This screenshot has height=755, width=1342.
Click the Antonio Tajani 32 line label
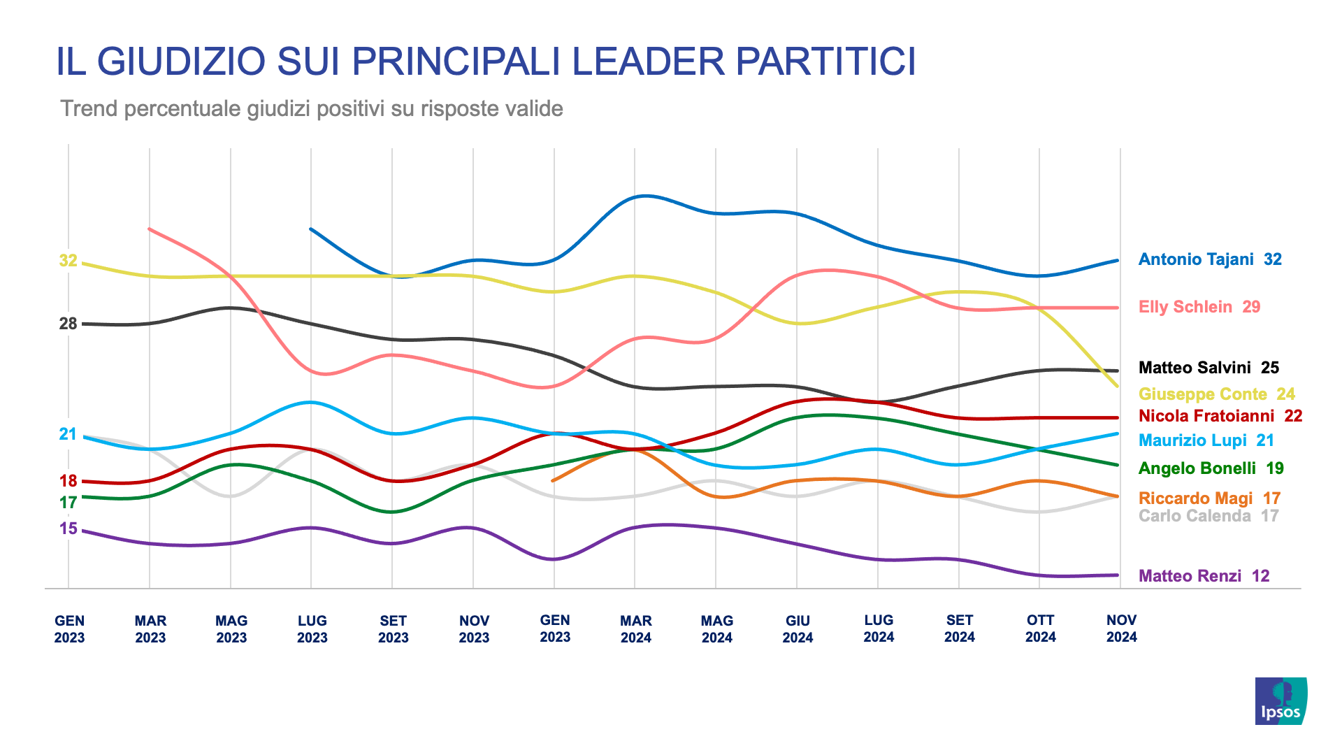(1209, 259)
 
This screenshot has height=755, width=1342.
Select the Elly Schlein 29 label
(1199, 307)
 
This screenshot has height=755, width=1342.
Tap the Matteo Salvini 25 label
(1208, 368)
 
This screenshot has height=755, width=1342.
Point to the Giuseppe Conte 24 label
(1216, 394)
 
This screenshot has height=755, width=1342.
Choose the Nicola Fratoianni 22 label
(1220, 416)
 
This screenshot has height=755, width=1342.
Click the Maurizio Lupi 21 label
(1206, 440)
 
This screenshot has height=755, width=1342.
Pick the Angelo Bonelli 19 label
(1211, 468)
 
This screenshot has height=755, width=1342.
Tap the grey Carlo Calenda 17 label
(1208, 516)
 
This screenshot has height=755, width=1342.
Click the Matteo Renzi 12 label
(1203, 576)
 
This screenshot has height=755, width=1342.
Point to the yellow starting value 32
(68, 261)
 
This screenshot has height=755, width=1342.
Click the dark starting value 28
(68, 324)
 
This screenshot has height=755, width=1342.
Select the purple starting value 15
(68, 528)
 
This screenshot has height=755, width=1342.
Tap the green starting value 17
(68, 503)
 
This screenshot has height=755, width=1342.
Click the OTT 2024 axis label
(1040, 628)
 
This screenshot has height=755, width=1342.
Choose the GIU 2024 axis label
(798, 629)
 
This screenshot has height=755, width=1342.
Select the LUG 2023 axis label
(312, 629)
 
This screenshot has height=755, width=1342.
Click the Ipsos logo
(1280, 701)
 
